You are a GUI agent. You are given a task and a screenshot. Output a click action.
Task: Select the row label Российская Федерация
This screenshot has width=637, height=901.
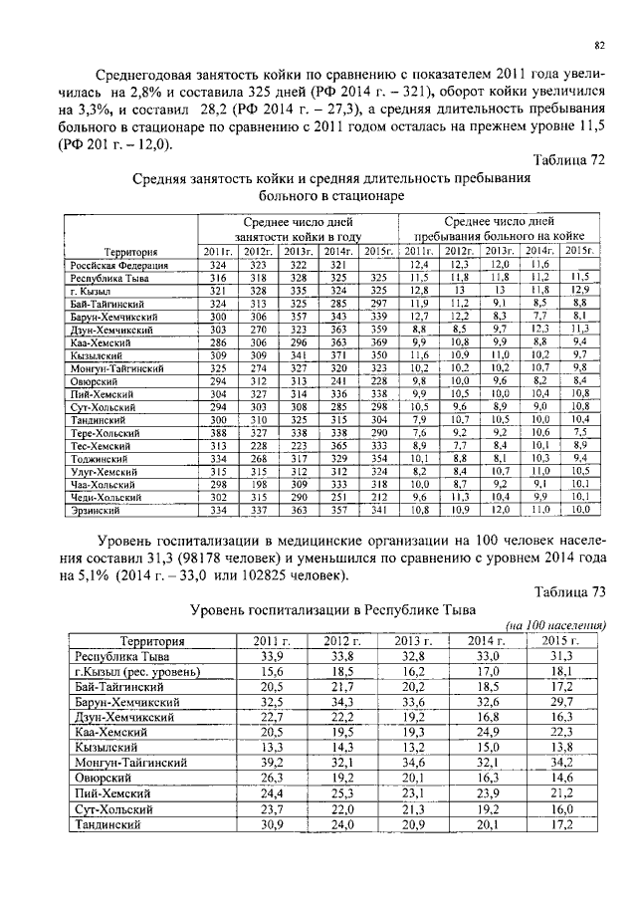click(x=117, y=266)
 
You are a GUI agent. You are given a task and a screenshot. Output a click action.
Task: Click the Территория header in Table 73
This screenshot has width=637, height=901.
click(x=152, y=641)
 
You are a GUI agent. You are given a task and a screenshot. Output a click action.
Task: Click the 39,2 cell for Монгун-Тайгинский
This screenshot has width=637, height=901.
click(x=266, y=762)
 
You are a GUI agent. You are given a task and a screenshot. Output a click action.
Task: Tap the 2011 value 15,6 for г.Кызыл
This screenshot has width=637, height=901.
click(x=266, y=673)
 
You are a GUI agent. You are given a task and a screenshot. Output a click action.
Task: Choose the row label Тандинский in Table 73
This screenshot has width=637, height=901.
click(x=111, y=825)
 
